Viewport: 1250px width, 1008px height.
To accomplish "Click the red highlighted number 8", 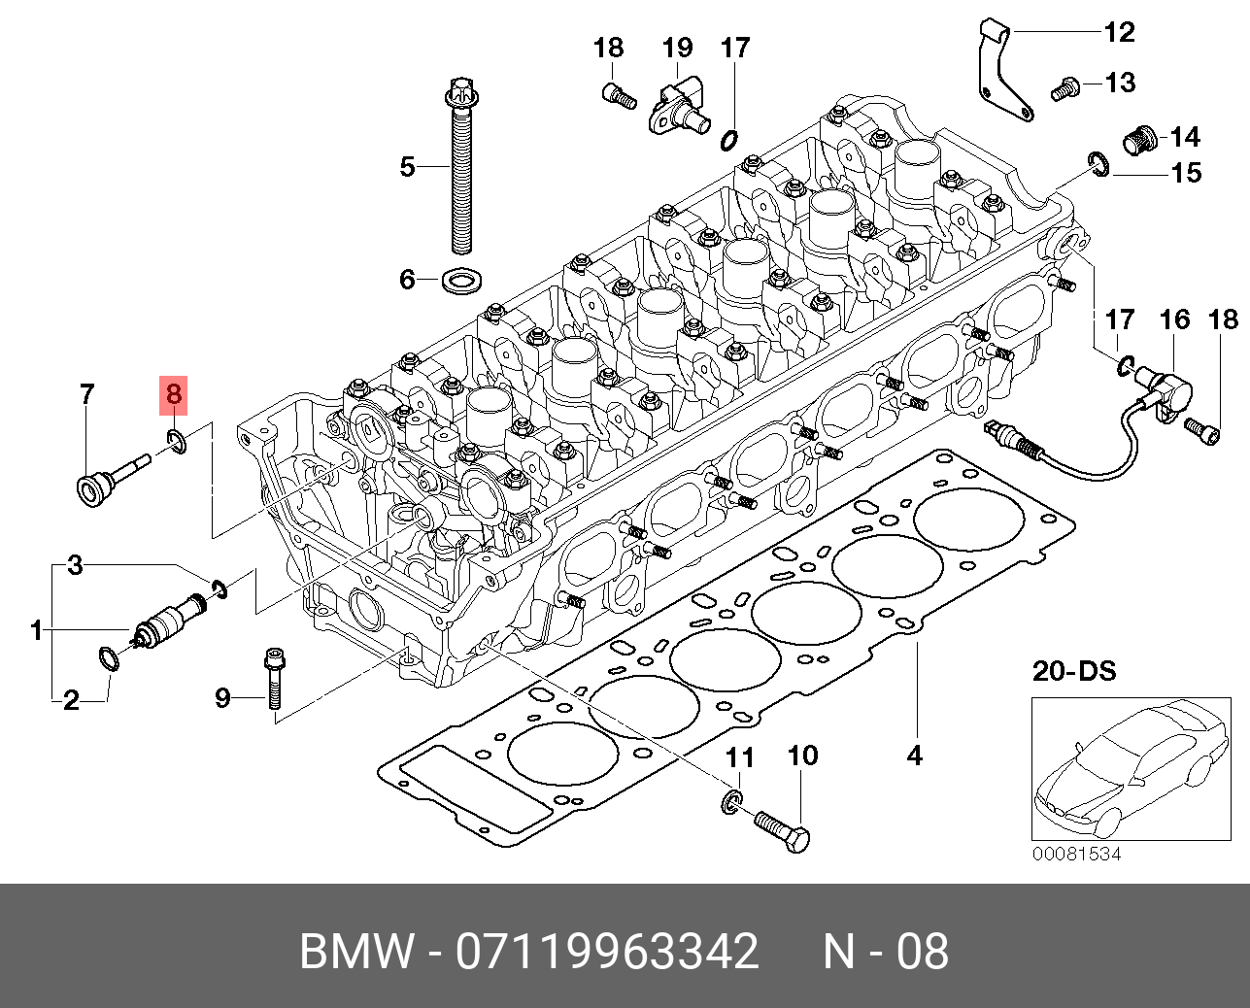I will [174, 394].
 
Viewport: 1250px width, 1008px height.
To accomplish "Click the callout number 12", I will [1119, 32].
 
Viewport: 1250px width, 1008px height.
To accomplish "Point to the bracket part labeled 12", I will [1002, 73].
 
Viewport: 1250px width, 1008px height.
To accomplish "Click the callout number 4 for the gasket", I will [914, 755].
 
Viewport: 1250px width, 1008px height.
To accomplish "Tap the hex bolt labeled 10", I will [783, 830].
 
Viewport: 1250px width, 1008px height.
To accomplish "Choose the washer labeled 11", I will [730, 800].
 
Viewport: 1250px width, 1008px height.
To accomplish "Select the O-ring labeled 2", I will [108, 659].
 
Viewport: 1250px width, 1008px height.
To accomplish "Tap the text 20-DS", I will [1073, 670].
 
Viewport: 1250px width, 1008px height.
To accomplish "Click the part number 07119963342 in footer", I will [608, 952].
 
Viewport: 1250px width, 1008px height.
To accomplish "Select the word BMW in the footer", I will [355, 952].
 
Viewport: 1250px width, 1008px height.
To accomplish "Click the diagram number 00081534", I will [1076, 854].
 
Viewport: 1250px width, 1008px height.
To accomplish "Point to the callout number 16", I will [1174, 319].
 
